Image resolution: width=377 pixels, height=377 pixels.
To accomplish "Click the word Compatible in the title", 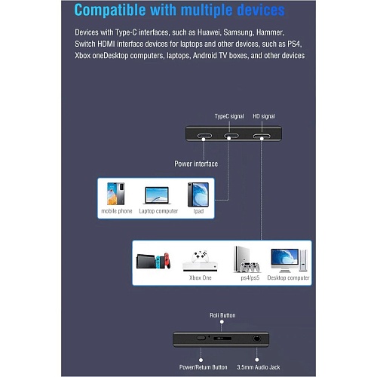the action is click(x=110, y=10).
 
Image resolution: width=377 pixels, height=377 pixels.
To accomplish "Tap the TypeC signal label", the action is click(x=229, y=116).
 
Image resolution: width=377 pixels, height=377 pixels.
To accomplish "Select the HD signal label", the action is click(x=264, y=116).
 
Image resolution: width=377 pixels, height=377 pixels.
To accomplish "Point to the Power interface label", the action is click(x=196, y=164).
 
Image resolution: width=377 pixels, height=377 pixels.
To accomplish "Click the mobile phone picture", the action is click(x=116, y=194).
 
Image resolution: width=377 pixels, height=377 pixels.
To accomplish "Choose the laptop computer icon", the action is click(x=157, y=195).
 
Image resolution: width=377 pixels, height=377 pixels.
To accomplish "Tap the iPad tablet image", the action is click(x=198, y=195).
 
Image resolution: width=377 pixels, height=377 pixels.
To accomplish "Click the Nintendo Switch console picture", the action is click(x=153, y=261).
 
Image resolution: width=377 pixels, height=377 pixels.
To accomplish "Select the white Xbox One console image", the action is click(x=200, y=261).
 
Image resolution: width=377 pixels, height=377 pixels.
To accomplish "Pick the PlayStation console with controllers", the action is click(x=247, y=259).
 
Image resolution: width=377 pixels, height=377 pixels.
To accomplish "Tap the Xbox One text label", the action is click(x=201, y=277).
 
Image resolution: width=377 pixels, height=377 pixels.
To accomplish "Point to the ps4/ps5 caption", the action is click(x=250, y=278).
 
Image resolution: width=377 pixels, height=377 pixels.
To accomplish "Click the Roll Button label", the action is click(x=222, y=315).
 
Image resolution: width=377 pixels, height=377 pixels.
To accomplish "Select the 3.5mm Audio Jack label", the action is click(x=259, y=367).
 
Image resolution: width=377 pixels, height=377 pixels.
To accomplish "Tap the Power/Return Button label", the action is click(x=204, y=367).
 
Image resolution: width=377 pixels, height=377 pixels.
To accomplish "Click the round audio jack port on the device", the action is click(x=256, y=339).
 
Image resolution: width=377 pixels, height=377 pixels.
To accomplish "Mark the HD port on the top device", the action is click(x=262, y=136).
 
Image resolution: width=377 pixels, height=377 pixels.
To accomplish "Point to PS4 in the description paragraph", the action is click(x=294, y=44).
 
